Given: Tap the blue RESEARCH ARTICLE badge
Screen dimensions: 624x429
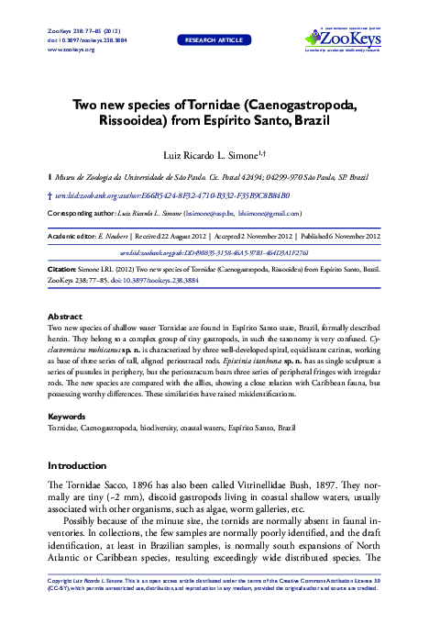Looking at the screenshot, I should (214, 41).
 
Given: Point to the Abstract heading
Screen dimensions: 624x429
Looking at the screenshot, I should (64, 315).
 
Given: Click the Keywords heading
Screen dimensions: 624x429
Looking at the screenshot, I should (66, 416).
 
